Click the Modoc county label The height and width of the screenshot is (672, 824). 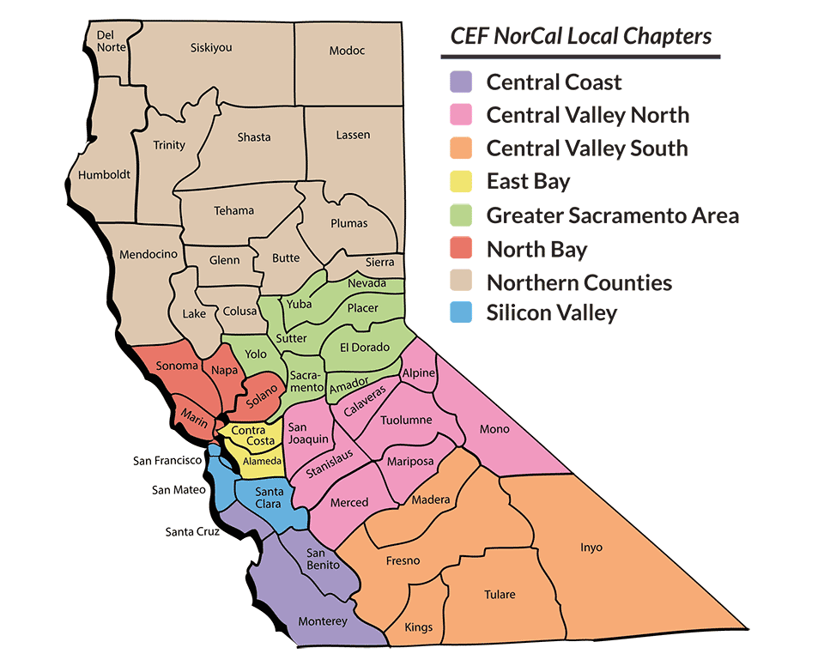(x=347, y=51)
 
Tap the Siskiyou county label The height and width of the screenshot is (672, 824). (x=211, y=48)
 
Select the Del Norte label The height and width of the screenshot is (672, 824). (x=106, y=41)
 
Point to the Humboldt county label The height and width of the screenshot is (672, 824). (x=104, y=174)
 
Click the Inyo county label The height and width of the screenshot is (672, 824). (x=591, y=547)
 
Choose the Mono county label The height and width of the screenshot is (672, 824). (x=494, y=428)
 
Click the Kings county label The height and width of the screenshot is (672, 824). (x=419, y=627)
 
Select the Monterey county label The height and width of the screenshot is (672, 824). (x=322, y=621)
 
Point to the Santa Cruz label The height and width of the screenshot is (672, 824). (x=193, y=532)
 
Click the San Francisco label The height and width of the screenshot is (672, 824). (x=167, y=461)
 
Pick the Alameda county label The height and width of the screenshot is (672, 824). (x=262, y=462)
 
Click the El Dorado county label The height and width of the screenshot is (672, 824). (x=365, y=348)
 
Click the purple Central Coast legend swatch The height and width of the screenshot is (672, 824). (x=461, y=82)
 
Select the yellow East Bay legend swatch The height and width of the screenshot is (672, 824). (x=461, y=182)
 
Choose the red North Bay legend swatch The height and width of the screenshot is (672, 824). (x=461, y=250)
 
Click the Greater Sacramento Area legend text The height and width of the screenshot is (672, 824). (x=612, y=215)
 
